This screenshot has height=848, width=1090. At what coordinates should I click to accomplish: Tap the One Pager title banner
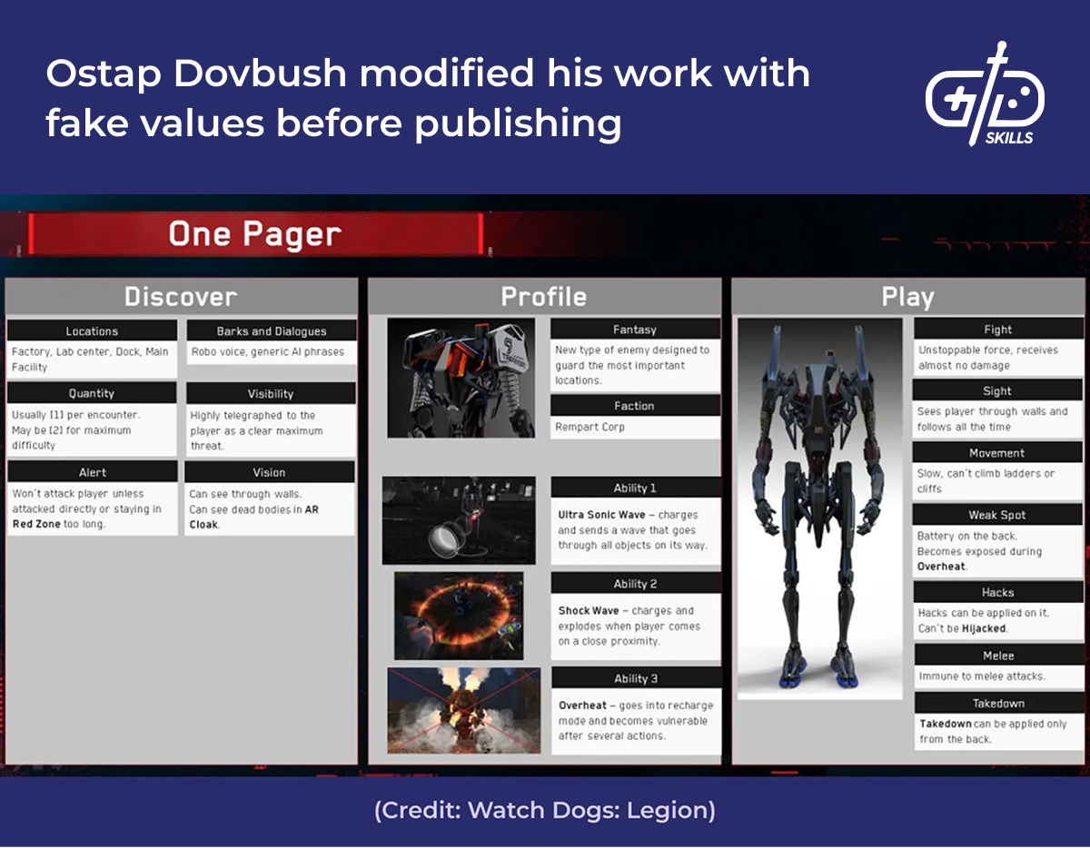[255, 234]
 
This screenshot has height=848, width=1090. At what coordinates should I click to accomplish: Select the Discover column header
[181, 297]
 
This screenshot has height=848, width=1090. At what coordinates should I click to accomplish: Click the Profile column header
[544, 297]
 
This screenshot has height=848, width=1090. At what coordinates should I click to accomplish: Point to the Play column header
[907, 297]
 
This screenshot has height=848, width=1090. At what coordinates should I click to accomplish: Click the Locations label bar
[92, 331]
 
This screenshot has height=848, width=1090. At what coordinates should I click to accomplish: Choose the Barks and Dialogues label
[271, 331]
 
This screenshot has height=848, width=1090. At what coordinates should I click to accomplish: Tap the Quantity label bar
[92, 393]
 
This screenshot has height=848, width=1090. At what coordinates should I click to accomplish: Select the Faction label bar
[634, 406]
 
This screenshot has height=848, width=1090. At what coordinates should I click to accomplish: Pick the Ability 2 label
[635, 584]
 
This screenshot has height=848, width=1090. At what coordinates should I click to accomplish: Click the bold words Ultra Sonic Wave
[601, 515]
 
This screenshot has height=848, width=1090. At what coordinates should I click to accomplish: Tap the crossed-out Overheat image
[463, 710]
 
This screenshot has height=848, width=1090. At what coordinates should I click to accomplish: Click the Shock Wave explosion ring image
[459, 615]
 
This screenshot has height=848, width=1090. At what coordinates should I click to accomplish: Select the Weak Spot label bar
[997, 515]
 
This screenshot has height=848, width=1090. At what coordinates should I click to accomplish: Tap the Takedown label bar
[998, 704]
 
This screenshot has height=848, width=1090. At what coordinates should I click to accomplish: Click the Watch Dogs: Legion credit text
[544, 811]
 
